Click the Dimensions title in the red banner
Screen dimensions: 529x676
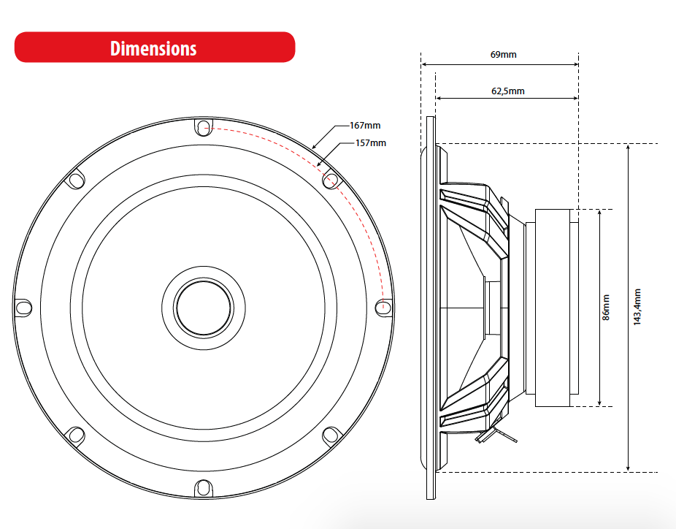pyautogui.click(x=153, y=48)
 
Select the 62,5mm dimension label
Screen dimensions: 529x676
pyautogui.click(x=507, y=91)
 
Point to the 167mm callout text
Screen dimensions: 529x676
pyautogui.click(x=365, y=126)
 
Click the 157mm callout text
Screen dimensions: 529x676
pyautogui.click(x=370, y=142)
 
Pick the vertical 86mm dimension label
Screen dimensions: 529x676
pyautogui.click(x=605, y=308)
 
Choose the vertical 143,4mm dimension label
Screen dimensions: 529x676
pyautogui.click(x=637, y=308)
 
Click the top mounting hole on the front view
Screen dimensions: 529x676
pyautogui.click(x=202, y=127)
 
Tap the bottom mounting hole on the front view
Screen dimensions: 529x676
pyautogui.click(x=202, y=487)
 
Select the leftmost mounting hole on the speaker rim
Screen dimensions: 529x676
pyautogui.click(x=23, y=307)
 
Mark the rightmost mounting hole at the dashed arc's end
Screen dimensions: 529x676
pyautogui.click(x=383, y=307)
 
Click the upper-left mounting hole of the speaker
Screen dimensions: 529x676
pyautogui.click(x=75, y=179)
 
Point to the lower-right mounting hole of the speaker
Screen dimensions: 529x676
pyautogui.click(x=330, y=435)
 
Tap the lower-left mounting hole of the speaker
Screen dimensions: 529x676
pyautogui.click(x=75, y=435)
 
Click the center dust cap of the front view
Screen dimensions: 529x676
pyautogui.click(x=202, y=307)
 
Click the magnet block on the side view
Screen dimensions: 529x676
pyautogui.click(x=556, y=308)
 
